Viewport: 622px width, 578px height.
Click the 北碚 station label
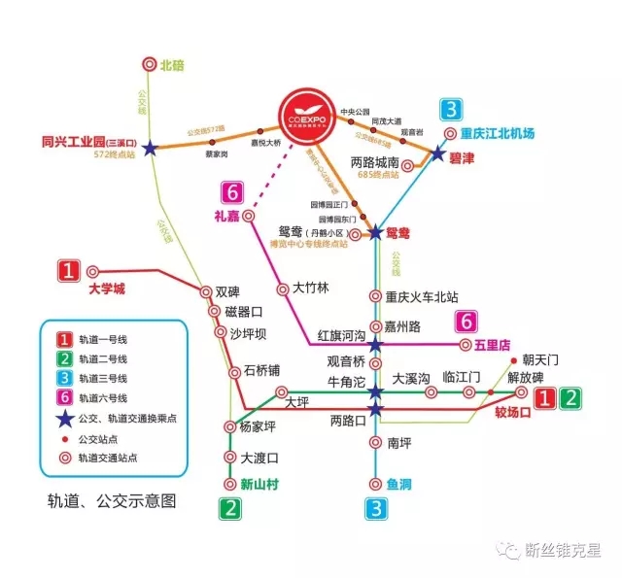172,64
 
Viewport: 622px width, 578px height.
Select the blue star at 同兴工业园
150,149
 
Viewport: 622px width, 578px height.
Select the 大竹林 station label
311,288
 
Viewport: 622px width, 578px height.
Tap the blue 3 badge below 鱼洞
377,506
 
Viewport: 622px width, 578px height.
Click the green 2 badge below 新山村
230,506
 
